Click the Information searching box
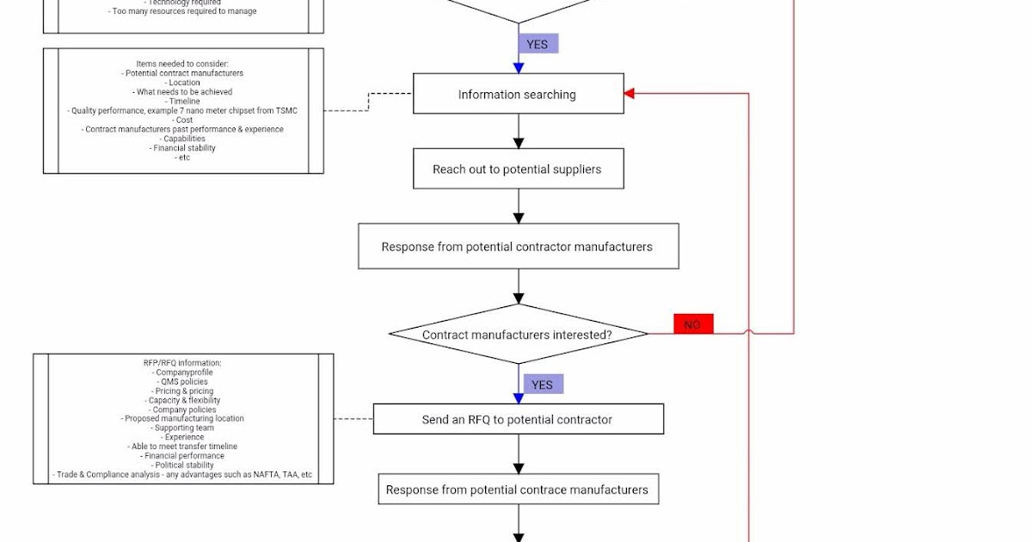coord(518,95)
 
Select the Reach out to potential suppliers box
coord(518,169)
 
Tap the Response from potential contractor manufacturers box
coord(518,247)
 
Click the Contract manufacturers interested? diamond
coord(518,335)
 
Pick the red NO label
coord(693,324)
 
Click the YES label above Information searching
coord(537,44)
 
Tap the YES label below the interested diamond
coord(542,385)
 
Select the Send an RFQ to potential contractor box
coord(518,420)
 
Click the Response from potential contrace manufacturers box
coord(518,490)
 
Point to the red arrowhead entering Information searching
coord(630,94)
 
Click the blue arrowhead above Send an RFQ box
coord(519,398)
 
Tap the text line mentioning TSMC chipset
coord(183,111)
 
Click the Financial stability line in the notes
coord(183,148)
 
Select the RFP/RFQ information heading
coord(182,363)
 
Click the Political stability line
coord(182,465)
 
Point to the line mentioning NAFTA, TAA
coord(182,475)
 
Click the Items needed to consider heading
coord(182,64)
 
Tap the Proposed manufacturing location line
coord(182,419)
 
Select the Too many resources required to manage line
coord(183,11)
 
